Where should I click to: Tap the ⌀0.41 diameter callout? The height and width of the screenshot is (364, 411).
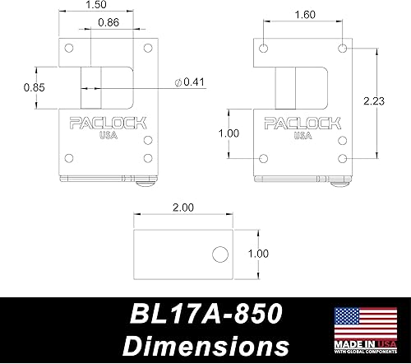(191, 81)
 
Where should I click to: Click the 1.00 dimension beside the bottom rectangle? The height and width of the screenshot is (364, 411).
(257, 254)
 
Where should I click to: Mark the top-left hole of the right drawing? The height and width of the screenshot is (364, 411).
(263, 49)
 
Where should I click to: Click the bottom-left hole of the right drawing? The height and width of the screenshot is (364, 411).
(263, 158)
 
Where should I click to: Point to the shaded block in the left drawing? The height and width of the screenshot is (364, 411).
(91, 88)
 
